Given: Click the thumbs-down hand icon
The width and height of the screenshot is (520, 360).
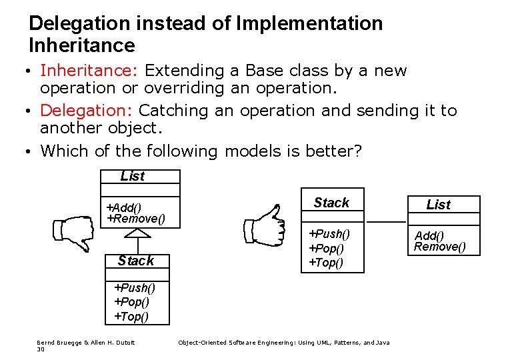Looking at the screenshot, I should coord(73,233).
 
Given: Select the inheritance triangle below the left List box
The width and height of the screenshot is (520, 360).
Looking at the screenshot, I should coord(137,233).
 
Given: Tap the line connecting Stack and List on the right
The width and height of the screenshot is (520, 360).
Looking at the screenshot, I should coord(385,221).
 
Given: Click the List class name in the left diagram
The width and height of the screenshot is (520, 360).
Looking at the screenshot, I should coord(132,176).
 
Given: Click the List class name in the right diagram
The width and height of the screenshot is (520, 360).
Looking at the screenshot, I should coord(438,205).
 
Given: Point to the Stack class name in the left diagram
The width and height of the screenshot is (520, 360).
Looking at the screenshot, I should coord(135,261).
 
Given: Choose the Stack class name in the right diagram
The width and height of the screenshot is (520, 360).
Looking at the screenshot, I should coord(331,203).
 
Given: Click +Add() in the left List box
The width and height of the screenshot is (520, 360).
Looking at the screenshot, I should coord(124,208).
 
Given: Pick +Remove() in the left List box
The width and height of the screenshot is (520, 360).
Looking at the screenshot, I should coord(135,219).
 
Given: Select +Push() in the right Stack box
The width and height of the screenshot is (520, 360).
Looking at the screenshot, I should coord(328,233).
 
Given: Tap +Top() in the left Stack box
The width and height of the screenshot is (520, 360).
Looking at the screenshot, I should coord(131,316).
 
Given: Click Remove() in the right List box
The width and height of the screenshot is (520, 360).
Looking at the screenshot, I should coord(439,247).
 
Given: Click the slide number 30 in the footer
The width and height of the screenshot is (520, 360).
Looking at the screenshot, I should coord(40,349).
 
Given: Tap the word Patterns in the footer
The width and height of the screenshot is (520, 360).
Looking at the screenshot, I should coord(340,343).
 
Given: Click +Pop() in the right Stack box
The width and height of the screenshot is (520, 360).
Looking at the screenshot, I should coord(325,248).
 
